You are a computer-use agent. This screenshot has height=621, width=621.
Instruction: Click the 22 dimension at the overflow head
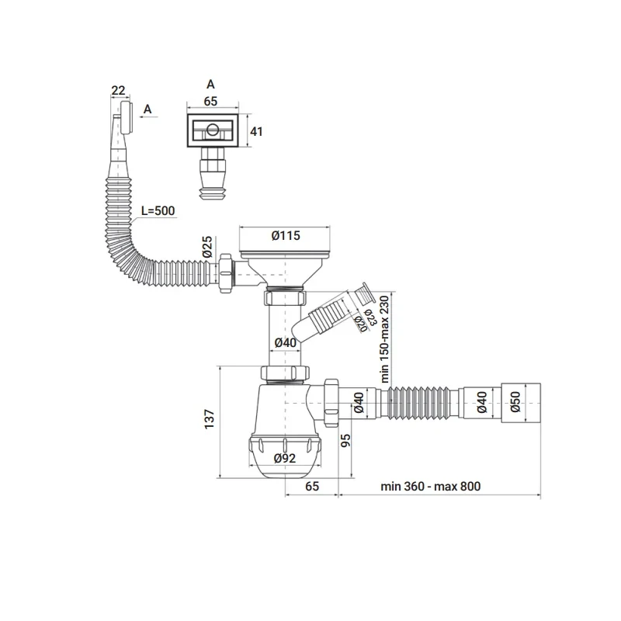click(118, 91)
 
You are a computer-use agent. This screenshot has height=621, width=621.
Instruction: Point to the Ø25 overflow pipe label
click(207, 248)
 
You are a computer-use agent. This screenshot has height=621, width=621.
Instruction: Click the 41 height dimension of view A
click(257, 131)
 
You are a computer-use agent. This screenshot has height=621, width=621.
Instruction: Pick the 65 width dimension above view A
click(210, 100)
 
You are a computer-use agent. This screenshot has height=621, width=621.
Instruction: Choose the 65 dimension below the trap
click(312, 487)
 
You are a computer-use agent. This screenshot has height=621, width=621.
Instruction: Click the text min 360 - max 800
click(431, 487)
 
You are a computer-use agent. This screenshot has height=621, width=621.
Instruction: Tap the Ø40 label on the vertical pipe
click(284, 342)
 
